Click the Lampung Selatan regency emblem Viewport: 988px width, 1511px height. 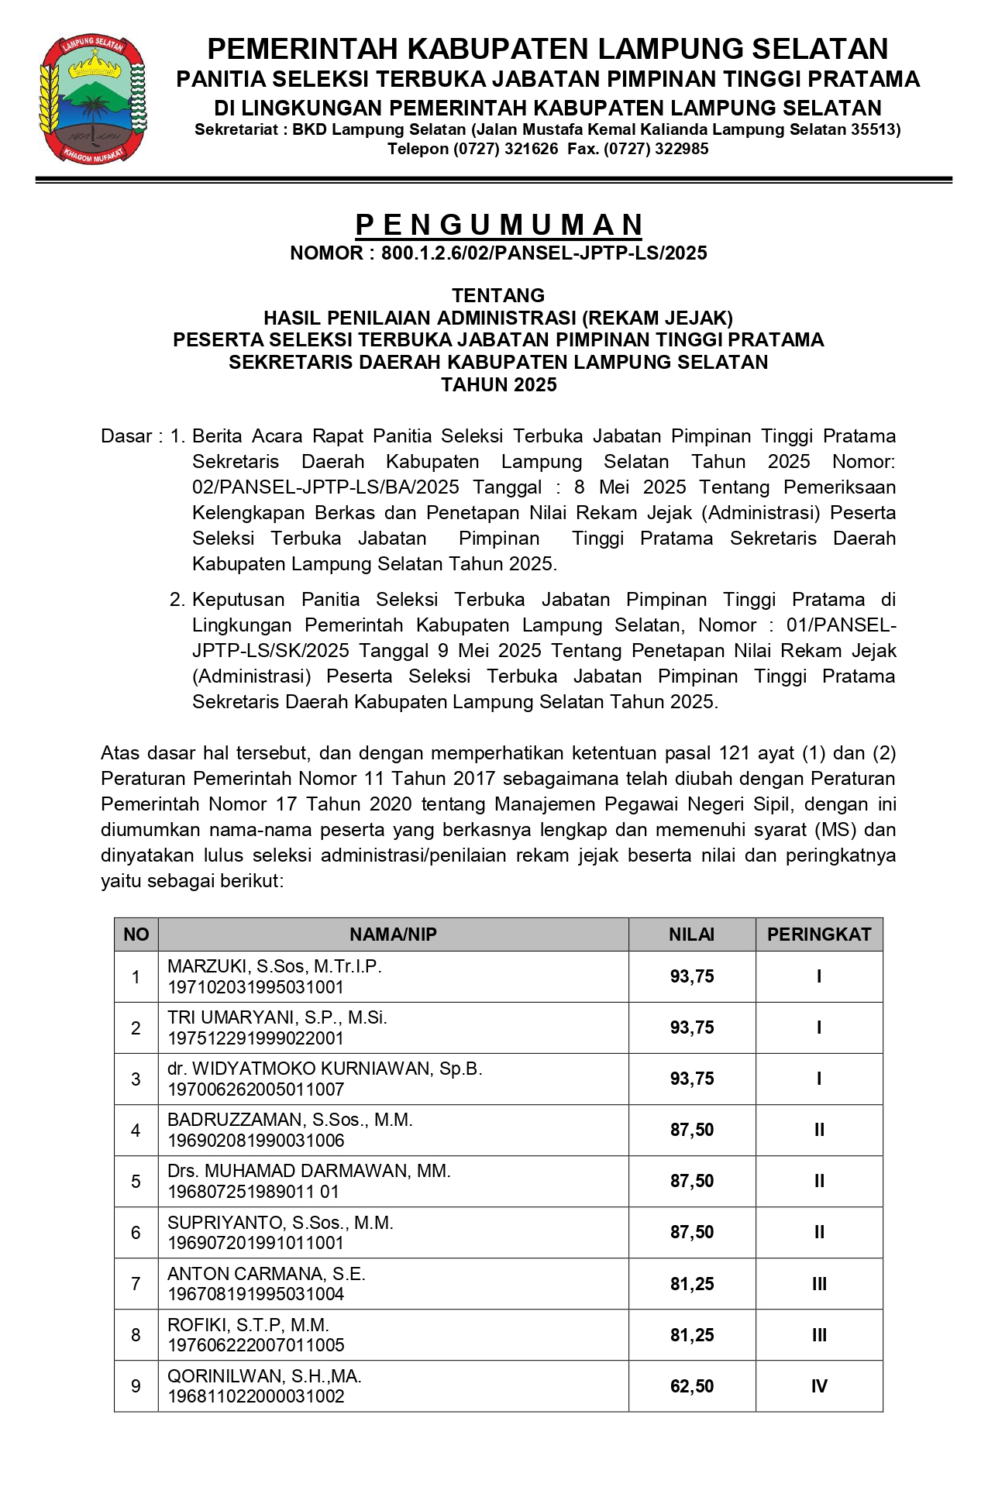pos(94,99)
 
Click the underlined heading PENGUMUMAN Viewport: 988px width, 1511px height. pos(498,225)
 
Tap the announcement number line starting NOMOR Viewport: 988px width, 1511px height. pos(498,253)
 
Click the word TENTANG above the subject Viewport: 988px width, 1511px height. pos(498,295)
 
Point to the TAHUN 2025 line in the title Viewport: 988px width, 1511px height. pos(498,385)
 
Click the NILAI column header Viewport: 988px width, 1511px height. pos(691,934)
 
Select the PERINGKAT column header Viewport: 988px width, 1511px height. pos(819,934)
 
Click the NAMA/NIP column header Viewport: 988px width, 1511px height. pos(393,934)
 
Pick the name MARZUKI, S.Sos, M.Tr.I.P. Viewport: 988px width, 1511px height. pos(275,966)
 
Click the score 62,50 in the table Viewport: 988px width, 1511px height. pos(691,1386)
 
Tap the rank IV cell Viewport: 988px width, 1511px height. pos(819,1386)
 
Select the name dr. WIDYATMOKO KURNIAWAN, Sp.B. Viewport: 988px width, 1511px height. pos(325,1069)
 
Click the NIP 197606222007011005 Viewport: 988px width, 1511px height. pos(256,1345)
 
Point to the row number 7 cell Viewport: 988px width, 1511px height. pos(136,1284)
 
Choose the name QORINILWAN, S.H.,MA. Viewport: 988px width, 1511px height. pos(264,1376)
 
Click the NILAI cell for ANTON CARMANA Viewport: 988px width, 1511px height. pos(691,1284)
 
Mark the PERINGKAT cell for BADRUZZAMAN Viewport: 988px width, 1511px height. pos(819,1131)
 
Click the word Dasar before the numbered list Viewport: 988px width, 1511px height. pos(126,436)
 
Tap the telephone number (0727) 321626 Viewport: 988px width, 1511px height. pos(473,149)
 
